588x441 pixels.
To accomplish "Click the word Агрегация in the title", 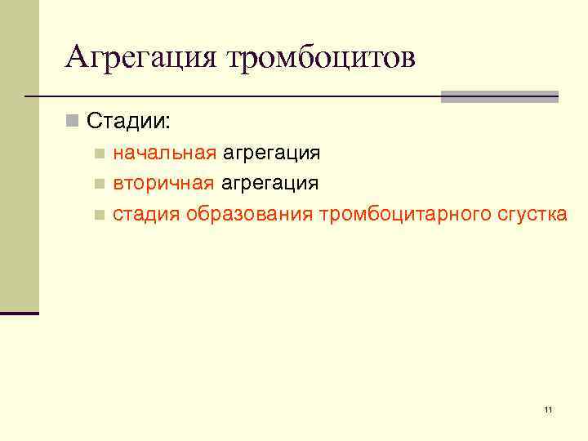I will click(140, 58).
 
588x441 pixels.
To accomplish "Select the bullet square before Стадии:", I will click(73, 122).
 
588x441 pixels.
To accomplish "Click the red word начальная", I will click(164, 153).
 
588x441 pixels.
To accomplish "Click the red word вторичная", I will click(164, 183).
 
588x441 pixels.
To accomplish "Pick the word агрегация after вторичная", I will click(270, 183).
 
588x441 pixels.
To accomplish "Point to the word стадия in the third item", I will click(146, 215).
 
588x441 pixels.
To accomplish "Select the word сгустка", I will click(531, 215).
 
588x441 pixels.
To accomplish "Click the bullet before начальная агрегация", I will click(100, 154).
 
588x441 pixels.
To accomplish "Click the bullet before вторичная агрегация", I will click(100, 184).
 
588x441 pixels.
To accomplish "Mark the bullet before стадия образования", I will click(100, 216).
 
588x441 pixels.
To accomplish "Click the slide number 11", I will click(547, 409).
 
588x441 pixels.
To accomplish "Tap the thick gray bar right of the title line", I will click(499, 96).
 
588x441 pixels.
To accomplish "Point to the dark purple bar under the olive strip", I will click(19, 313).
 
